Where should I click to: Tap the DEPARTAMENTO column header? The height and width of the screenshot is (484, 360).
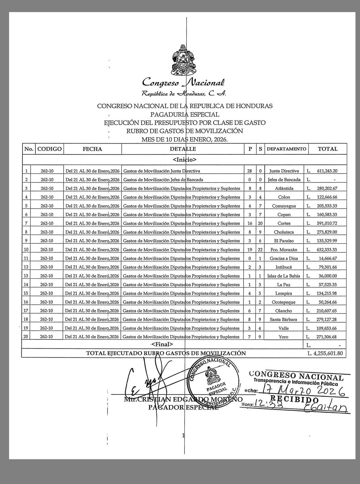286,149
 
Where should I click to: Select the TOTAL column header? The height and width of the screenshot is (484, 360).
327,149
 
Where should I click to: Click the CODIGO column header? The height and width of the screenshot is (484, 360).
50,149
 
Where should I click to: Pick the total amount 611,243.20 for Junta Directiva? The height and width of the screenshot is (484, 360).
327,171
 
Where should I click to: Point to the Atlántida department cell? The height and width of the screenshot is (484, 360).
284,188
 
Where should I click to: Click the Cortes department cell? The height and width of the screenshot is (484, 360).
284,223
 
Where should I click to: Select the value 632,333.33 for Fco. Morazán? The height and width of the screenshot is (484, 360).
327,250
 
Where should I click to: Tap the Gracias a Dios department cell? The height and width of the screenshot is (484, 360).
284,258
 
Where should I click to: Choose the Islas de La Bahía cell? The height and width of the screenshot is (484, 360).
284,276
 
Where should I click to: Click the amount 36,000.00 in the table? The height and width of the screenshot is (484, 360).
327,276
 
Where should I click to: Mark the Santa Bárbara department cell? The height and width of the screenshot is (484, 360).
284,320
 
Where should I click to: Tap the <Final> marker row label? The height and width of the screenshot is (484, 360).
162,344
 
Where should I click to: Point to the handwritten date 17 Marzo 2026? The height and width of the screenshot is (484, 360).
302,389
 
